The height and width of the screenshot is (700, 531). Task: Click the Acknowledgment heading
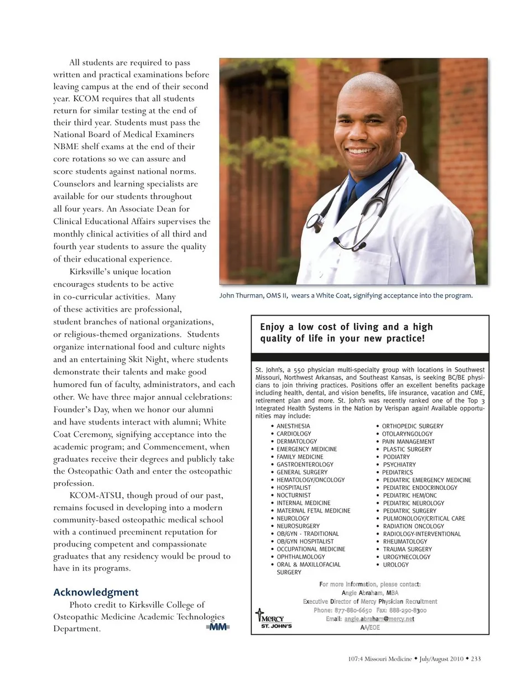(96, 592)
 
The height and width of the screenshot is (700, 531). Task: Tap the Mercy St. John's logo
(272, 619)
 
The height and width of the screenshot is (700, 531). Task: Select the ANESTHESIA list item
(293, 426)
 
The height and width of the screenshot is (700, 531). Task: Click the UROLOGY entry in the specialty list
(395, 565)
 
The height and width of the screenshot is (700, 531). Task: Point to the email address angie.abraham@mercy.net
(379, 619)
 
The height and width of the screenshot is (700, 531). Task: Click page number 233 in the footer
(476, 659)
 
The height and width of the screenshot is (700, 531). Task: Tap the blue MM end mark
(218, 627)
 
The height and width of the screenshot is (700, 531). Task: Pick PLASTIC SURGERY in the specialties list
(407, 450)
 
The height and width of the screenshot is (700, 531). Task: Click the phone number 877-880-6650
(354, 610)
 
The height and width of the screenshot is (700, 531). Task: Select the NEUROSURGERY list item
(298, 526)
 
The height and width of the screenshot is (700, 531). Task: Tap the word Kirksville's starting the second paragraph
(92, 271)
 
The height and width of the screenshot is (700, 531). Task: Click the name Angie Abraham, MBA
(369, 593)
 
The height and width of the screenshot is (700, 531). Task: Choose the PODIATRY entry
(397, 457)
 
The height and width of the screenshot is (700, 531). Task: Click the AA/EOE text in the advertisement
(370, 628)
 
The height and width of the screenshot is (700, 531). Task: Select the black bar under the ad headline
(369, 357)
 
